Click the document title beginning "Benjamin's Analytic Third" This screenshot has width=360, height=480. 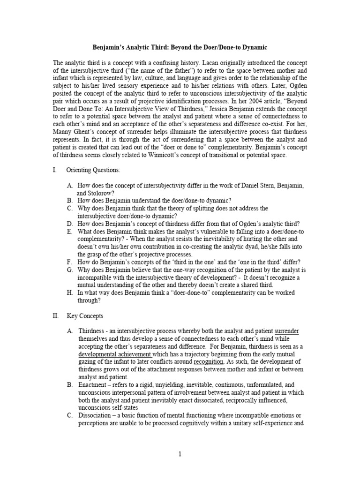tap(180, 47)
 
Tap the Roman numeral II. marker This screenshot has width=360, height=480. tap(56, 316)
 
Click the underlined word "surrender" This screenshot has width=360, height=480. tap(287, 331)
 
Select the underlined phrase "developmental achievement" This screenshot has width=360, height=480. tap(111, 354)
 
